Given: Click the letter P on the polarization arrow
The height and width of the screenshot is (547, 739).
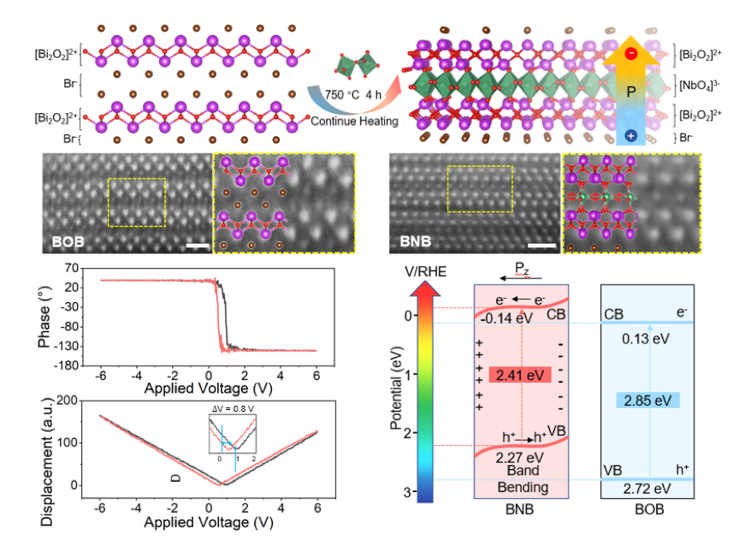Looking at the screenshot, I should click(x=629, y=89).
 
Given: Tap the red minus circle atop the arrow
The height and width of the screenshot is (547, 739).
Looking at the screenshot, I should click(x=630, y=53).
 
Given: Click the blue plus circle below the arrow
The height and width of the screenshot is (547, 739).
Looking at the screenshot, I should click(x=630, y=135).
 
